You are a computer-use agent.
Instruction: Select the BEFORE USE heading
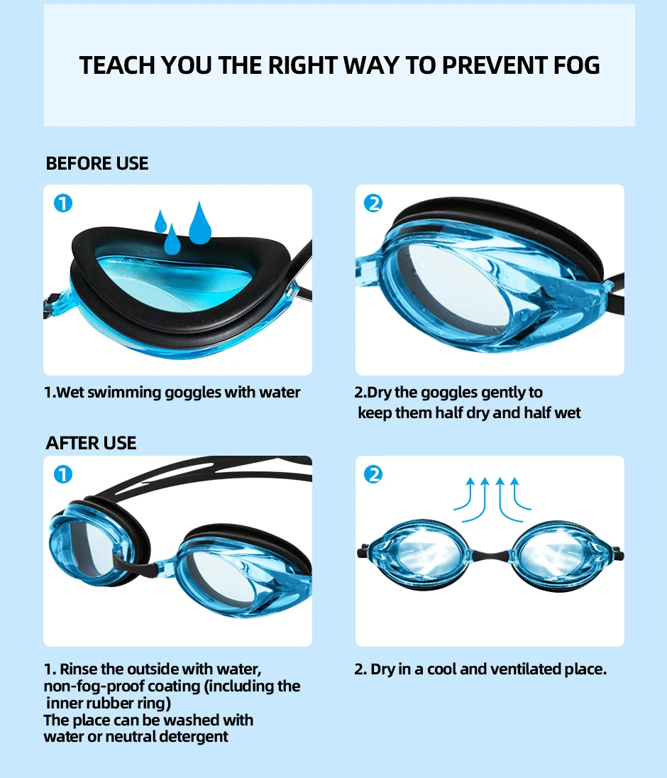coord(97,163)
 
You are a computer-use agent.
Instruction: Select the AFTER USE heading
coord(91,443)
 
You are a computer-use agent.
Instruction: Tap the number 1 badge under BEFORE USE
coord(63,204)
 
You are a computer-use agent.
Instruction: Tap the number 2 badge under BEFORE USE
coord(373,204)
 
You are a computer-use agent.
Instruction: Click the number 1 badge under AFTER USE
coord(63,474)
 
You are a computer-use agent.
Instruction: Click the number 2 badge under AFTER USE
coord(373,474)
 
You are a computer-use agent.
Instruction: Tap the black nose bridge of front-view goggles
coord(490,555)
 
